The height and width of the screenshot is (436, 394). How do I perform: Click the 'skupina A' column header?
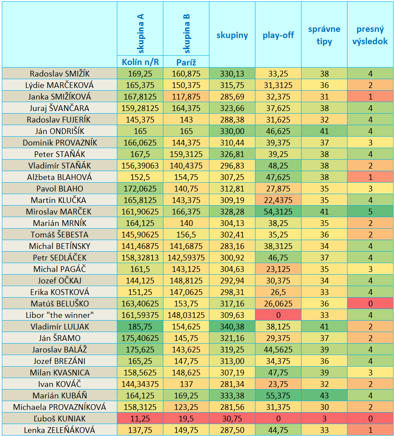point(140,33)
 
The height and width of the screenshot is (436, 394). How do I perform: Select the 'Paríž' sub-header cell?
point(186,62)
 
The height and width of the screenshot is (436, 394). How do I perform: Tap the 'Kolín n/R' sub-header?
point(140,62)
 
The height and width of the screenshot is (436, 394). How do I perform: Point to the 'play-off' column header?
point(278,35)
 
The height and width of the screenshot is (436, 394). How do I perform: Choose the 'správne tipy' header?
point(324,35)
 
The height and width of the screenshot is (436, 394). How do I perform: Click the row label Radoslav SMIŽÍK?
point(60,74)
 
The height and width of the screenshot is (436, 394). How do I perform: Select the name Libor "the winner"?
point(60,315)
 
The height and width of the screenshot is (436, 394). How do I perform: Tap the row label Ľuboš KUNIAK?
point(60,418)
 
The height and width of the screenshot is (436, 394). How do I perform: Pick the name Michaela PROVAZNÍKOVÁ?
point(60,407)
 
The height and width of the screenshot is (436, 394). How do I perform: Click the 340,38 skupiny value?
point(232,327)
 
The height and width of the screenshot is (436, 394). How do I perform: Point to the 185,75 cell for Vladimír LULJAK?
point(140,327)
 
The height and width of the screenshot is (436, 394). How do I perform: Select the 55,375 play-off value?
point(278,395)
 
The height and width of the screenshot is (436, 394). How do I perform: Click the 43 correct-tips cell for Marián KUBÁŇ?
point(324,395)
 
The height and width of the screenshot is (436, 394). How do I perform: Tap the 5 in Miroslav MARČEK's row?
point(371,212)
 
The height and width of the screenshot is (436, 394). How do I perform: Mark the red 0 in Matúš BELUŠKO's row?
point(371,304)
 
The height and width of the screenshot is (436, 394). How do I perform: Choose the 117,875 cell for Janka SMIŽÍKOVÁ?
point(186,97)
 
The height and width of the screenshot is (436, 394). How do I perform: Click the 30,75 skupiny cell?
point(232,418)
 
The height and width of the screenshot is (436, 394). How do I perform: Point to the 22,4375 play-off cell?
point(278,200)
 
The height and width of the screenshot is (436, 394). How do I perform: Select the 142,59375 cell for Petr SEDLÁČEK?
point(186,258)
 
